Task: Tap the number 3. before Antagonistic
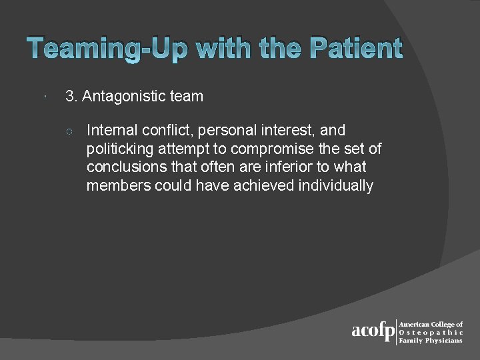tap(71, 97)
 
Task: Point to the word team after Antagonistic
tap(187, 97)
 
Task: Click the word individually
tap(336, 186)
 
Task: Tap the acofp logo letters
tap(373, 331)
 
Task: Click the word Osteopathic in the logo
tap(430, 332)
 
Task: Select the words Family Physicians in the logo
tap(430, 340)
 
